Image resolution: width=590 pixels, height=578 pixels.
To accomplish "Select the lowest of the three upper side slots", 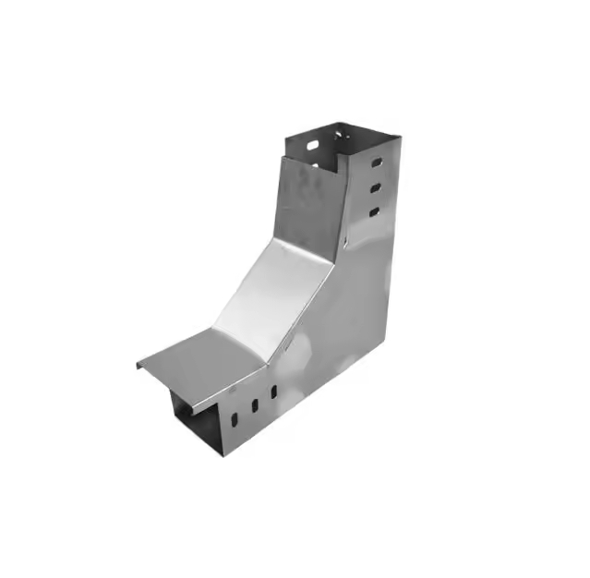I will [x=374, y=212].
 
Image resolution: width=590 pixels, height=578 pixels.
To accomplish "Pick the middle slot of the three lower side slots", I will [x=252, y=405].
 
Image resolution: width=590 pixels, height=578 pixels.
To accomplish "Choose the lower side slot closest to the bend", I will [x=272, y=392].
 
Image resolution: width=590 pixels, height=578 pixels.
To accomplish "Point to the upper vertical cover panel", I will [x=309, y=199].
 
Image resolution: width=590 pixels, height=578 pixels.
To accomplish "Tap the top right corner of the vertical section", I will [x=399, y=139].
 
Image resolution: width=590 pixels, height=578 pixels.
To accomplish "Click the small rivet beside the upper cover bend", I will [x=343, y=243].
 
